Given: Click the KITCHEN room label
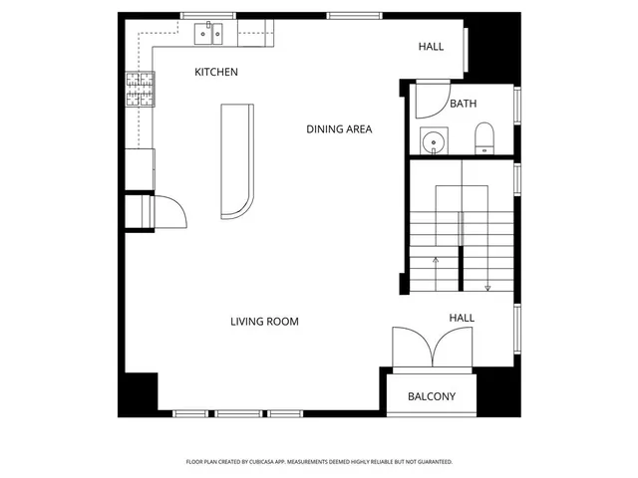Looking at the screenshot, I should pyautogui.click(x=216, y=73).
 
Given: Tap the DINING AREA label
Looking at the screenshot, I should pyautogui.click(x=339, y=128).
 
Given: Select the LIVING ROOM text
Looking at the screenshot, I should pyautogui.click(x=264, y=322).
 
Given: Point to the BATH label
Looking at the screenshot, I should pyautogui.click(x=463, y=104).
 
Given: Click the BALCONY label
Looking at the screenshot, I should pyautogui.click(x=432, y=396).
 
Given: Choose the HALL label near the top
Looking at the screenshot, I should pyautogui.click(x=431, y=47).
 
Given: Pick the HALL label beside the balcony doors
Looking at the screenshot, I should pyautogui.click(x=461, y=318).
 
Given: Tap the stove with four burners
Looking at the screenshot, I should pyautogui.click(x=140, y=90).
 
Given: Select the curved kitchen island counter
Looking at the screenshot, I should pyautogui.click(x=238, y=159).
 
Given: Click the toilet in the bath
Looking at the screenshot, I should pyautogui.click(x=484, y=139).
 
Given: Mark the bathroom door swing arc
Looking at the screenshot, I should pyautogui.click(x=432, y=100).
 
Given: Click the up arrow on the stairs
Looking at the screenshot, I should pyautogui.click(x=436, y=261).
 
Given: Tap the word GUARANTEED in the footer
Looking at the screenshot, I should pyautogui.click(x=431, y=462).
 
